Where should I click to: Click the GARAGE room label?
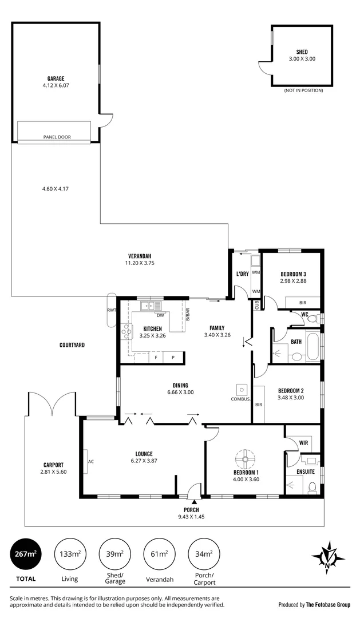[56, 78]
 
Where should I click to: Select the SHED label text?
[302, 52]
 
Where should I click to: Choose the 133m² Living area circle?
[70, 554]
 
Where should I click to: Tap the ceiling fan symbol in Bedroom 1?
[246, 458]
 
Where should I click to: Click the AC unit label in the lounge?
[90, 461]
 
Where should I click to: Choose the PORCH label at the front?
[191, 510]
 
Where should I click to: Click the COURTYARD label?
[72, 345]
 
